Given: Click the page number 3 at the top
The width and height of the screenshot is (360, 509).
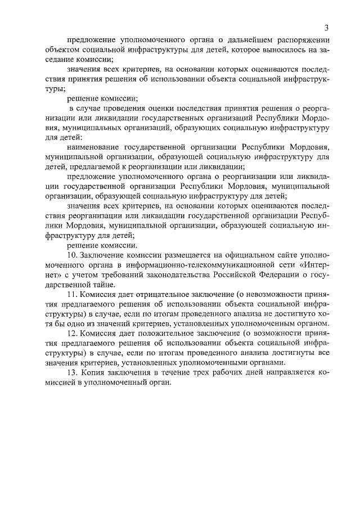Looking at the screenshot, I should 326,28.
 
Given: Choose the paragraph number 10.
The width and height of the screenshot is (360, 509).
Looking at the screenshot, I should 71,256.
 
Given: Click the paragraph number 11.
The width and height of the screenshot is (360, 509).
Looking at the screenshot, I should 71,295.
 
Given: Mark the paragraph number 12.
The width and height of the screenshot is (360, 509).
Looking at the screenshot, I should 71,333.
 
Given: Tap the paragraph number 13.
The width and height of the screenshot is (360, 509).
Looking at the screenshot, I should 71,372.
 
